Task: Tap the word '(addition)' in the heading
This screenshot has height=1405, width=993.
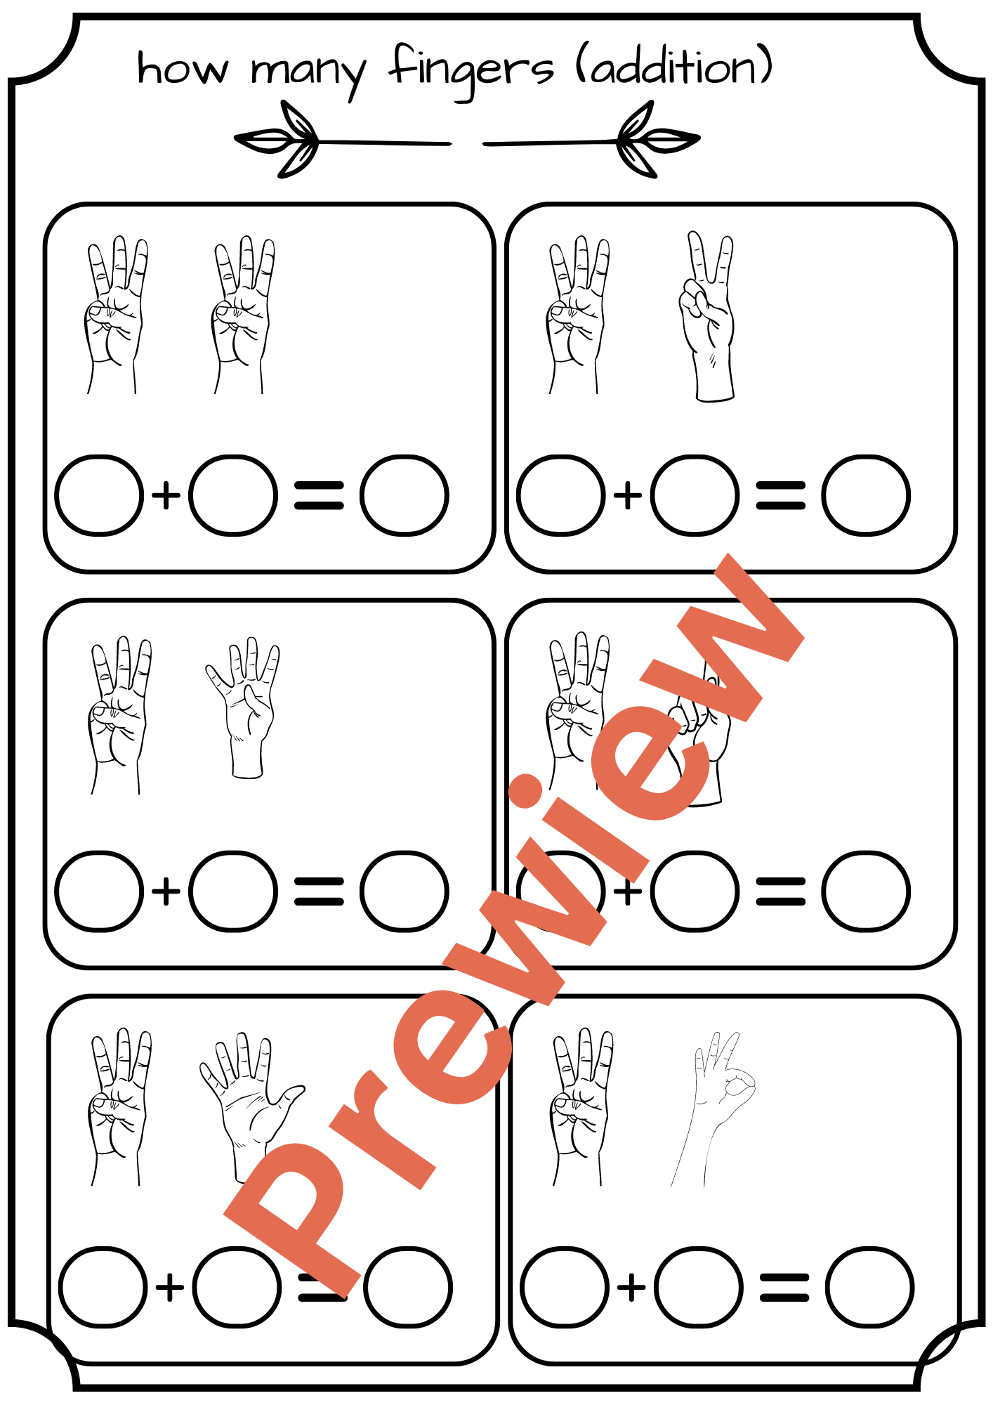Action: tap(674, 67)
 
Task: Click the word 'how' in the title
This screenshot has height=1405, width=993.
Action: tap(183, 69)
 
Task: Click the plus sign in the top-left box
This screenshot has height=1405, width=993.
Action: tap(166, 495)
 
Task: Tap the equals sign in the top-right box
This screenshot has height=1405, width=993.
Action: tap(780, 495)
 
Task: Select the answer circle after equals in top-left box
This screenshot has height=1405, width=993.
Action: tap(404, 495)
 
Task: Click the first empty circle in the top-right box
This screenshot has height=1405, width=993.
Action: tap(560, 495)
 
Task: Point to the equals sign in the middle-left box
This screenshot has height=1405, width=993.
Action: tap(319, 891)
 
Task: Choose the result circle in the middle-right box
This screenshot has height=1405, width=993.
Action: tap(865, 891)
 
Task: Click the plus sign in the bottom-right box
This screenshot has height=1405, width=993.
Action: tap(631, 1288)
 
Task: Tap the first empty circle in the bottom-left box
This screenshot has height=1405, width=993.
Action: tap(103, 1288)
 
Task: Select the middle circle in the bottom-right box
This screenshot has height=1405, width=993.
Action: tap(698, 1288)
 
